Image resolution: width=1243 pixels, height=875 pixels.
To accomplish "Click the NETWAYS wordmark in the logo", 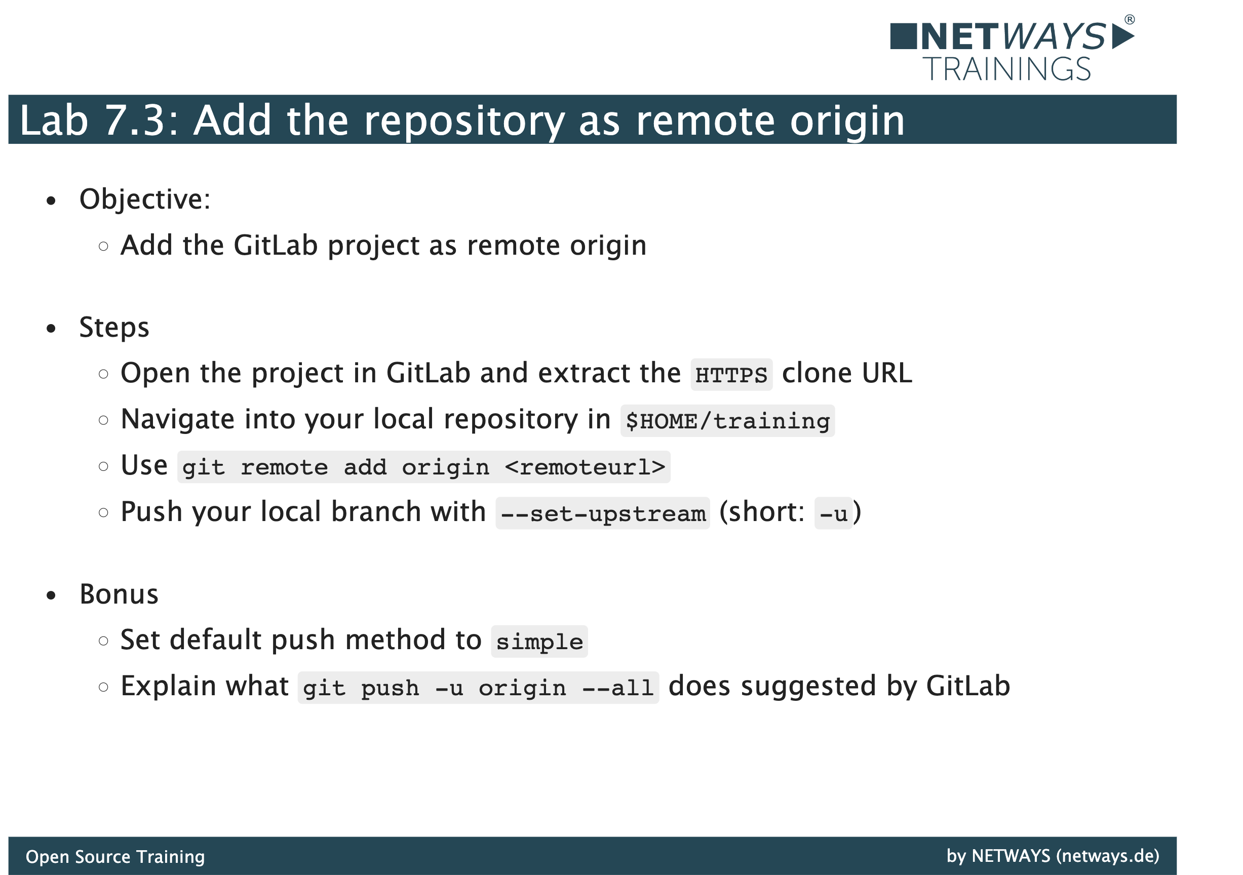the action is [x=1013, y=37].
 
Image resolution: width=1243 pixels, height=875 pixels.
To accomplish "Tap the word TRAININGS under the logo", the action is [x=1007, y=69].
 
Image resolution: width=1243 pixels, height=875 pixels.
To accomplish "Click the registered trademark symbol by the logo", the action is [x=1130, y=19].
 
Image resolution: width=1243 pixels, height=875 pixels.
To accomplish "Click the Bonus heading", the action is [x=119, y=594].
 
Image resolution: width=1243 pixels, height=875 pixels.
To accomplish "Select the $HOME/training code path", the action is [x=727, y=421].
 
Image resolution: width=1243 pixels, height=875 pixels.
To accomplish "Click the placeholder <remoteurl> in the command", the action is [x=585, y=467].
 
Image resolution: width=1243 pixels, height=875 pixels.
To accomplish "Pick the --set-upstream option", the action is [x=603, y=513].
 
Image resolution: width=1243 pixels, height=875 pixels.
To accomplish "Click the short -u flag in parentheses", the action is [x=834, y=513].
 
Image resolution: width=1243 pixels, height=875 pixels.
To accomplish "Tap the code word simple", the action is [x=540, y=642].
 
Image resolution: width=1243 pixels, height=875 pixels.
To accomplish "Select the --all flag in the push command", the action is [x=618, y=688].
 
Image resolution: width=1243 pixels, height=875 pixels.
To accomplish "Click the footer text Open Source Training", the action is [x=115, y=857].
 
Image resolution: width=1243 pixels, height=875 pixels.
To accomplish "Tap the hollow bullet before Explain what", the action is [x=103, y=687].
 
